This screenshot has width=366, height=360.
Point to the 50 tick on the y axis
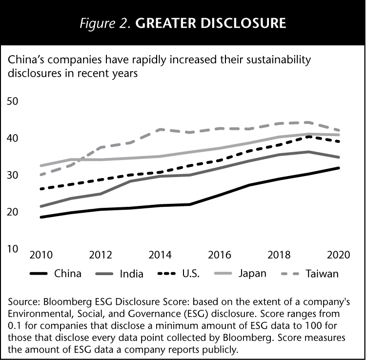pyautogui.click(x=12, y=101)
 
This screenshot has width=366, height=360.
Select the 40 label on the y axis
pyautogui.click(x=12, y=139)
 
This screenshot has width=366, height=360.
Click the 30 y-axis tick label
pyautogui.click(x=12, y=175)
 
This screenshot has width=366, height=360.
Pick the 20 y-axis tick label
pyautogui.click(x=12, y=212)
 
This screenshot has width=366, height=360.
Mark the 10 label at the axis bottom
pyautogui.click(x=12, y=249)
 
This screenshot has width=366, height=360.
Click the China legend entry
pyautogui.click(x=68, y=273)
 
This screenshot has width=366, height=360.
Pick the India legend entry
pyautogui.click(x=131, y=273)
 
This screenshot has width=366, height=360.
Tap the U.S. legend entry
pyautogui.click(x=192, y=273)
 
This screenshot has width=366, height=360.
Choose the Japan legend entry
pyautogui.click(x=252, y=273)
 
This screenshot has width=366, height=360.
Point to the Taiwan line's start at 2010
pyautogui.click(x=40, y=175)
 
